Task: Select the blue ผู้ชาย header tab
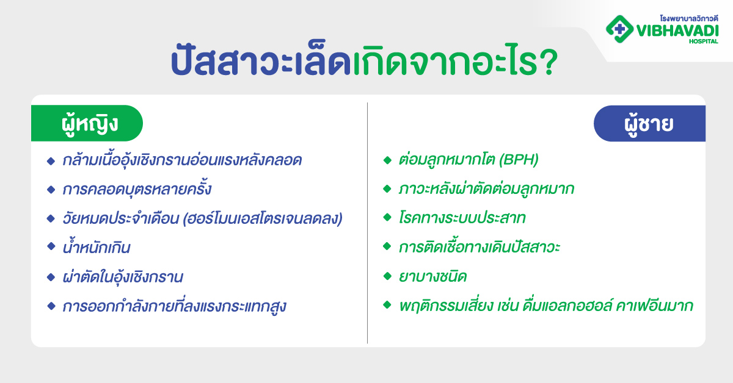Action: pos(649,123)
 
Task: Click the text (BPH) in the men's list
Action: pos(519,161)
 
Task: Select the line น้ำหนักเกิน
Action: pos(97,248)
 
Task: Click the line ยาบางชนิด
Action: pos(432,277)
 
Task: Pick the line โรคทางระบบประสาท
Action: pos(462,218)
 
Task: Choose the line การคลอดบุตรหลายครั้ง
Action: pos(137,190)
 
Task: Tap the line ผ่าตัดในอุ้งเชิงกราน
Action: pos(123,277)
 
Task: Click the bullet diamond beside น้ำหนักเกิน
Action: pos(51,247)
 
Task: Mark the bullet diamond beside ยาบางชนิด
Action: pos(387,276)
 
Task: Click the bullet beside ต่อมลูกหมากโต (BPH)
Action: pos(387,160)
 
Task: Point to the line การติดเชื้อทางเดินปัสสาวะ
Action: pos(480,248)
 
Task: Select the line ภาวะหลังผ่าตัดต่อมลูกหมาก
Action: pos(486,190)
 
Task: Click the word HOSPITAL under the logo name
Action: pos(702,41)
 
